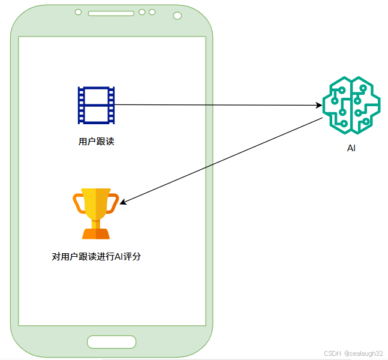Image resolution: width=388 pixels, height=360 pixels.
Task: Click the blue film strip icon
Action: (x=96, y=105)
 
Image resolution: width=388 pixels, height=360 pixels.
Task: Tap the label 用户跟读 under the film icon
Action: (x=96, y=142)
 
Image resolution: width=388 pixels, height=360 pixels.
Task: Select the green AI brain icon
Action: (x=351, y=106)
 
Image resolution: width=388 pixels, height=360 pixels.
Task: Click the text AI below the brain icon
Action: (x=351, y=148)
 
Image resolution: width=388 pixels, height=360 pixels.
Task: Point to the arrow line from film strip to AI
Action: (x=216, y=105)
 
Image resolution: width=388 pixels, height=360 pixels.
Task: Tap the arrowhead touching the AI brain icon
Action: (x=319, y=106)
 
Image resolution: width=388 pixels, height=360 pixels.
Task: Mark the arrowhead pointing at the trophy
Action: (x=124, y=203)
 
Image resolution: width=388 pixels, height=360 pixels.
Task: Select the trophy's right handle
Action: (x=114, y=203)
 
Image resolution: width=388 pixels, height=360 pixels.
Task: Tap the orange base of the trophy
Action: (x=96, y=233)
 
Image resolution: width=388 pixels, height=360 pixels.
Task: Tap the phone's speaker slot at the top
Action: (x=111, y=13)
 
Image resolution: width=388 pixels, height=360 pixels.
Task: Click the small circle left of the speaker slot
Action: (x=79, y=12)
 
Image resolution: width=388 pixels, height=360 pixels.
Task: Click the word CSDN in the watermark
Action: (x=332, y=354)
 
